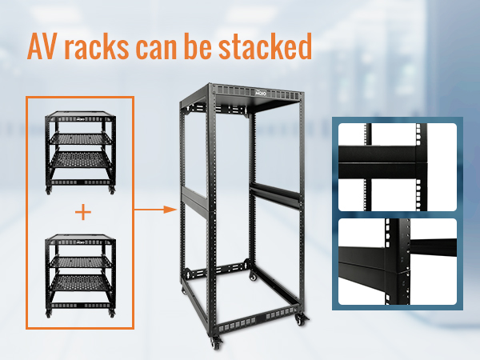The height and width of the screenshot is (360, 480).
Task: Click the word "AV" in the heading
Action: pos(42,46)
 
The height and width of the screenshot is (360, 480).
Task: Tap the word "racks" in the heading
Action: pos(97,46)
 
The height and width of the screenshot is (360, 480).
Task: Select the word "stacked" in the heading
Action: pos(265,46)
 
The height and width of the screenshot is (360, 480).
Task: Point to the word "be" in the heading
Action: pos(198,46)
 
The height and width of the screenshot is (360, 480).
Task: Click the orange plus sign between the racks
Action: pos(83,212)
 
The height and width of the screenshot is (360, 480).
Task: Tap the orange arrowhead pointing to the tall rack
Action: pos(170,210)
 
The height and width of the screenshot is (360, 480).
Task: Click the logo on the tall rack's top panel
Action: pos(261,93)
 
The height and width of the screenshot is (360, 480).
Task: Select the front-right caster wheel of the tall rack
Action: pos(302,319)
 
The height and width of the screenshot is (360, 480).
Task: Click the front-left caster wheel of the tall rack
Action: pos(216,343)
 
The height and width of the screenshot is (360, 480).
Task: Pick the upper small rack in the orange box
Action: pos(81,153)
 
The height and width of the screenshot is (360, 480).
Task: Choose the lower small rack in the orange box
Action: pos(81,276)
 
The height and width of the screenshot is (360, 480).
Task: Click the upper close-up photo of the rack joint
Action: pos(398,167)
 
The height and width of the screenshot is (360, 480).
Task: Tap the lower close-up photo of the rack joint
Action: pos(398,262)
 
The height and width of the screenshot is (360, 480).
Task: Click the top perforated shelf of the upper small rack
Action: pos(81,138)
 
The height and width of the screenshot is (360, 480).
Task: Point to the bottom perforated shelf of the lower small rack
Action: pos(81,283)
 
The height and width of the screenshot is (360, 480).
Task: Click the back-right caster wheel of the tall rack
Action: pos(253,276)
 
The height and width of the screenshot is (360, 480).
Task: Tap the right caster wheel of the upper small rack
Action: pos(112,190)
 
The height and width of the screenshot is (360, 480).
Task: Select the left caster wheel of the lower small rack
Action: pos(48,314)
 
